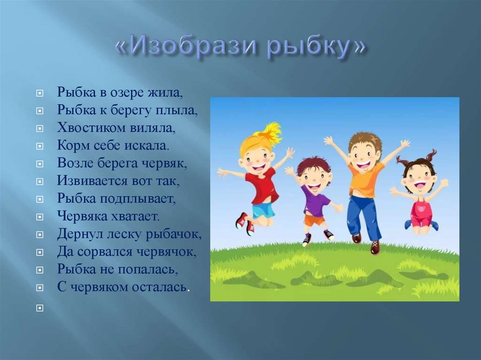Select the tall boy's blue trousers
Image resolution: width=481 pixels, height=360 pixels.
click(x=364, y=216)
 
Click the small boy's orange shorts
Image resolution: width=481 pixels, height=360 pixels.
click(x=313, y=219)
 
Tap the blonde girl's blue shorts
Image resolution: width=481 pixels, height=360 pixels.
click(x=264, y=210)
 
